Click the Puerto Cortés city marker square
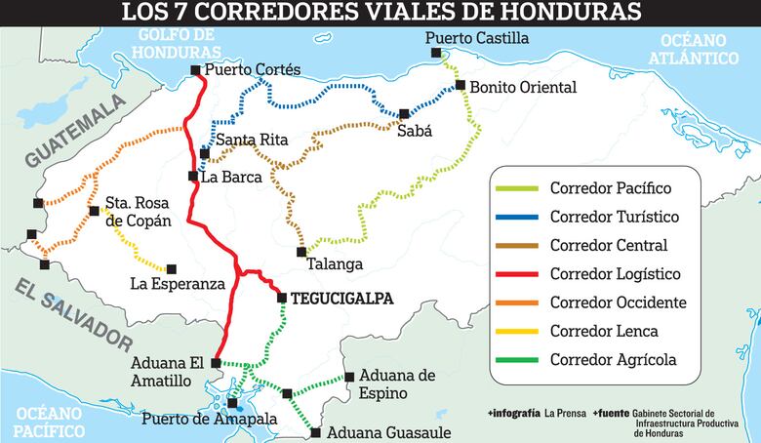click(x=196, y=69)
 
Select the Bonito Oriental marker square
click(x=461, y=85)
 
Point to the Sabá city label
click(x=415, y=131)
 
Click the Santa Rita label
click(x=252, y=140)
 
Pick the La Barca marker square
click(x=193, y=176)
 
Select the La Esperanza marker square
click(x=172, y=268)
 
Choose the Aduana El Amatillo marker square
click(x=217, y=363)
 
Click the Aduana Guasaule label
click(x=389, y=431)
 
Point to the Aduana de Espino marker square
click(x=348, y=377)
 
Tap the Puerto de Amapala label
click(x=210, y=420)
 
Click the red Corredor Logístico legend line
click(x=517, y=274)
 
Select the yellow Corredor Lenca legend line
click(x=517, y=332)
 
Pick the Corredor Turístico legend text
click(x=614, y=217)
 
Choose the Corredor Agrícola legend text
click(x=613, y=360)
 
